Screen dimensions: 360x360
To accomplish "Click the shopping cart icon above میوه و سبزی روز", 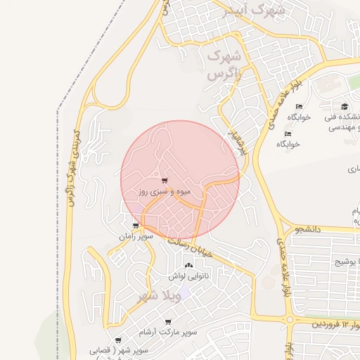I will click(165, 181).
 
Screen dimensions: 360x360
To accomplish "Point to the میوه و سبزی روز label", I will click(165, 191).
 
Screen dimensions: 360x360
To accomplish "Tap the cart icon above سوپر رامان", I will click(136, 226).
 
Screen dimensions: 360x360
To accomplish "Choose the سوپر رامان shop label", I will click(136, 238).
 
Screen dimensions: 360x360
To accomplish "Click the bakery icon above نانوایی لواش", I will click(188, 266).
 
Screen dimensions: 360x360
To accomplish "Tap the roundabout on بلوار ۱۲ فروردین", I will click(290, 320).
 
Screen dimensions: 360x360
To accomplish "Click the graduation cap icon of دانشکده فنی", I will click(345, 107).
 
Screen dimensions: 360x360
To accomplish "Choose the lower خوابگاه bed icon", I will click(288, 134).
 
